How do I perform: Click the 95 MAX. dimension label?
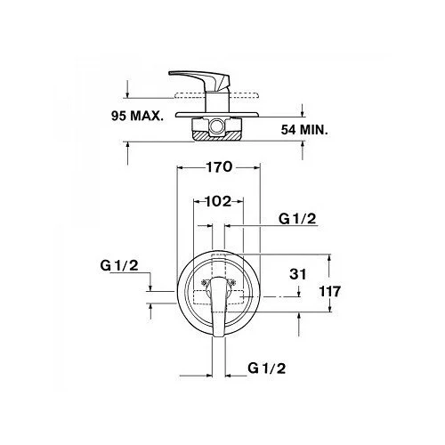137,116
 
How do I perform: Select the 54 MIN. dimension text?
304,130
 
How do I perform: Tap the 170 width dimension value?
219,167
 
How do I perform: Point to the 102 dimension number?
218,201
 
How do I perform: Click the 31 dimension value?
298,274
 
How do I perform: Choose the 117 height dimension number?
330,291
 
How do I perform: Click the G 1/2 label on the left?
119,265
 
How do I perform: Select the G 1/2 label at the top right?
297,219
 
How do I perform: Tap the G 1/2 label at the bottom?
267,368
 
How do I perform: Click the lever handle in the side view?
205,77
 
